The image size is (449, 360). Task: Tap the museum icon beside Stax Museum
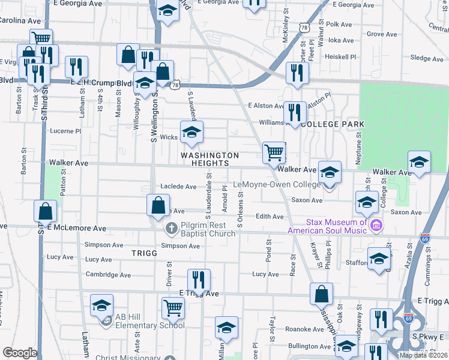pyautogui.click(x=376, y=226)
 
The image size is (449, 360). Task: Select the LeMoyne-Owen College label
pyautogui.click(x=277, y=185)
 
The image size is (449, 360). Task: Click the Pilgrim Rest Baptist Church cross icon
pyautogui.click(x=171, y=228)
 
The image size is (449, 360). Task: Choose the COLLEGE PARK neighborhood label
pyautogui.click(x=332, y=124)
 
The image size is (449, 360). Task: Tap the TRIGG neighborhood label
pyautogui.click(x=144, y=254)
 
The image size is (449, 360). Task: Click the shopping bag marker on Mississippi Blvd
pyautogui.click(x=322, y=294)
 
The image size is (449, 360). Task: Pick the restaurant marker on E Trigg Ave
pyautogui.click(x=199, y=280)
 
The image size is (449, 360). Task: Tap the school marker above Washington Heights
pyautogui.click(x=192, y=132)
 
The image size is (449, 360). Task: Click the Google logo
pyautogui.click(x=20, y=353)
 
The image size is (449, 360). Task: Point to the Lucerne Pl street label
pyautogui.click(x=65, y=131)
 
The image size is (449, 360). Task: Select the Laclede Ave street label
pyautogui.click(x=178, y=187)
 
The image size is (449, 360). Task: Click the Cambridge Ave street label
pyautogui.click(x=108, y=275)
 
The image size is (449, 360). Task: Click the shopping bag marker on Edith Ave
pyautogui.click(x=157, y=206)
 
